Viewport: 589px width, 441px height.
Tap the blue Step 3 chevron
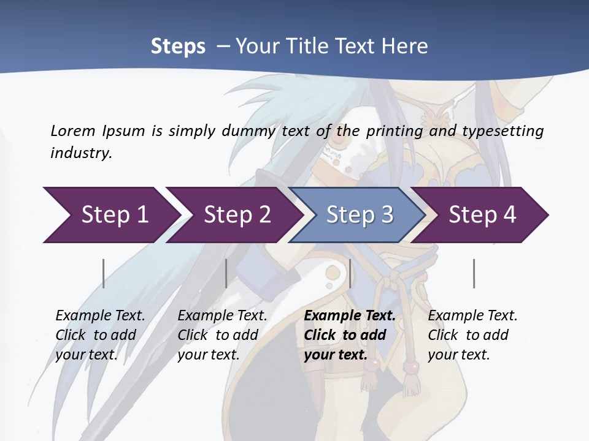click(x=360, y=215)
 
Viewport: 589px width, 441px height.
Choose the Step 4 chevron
click(x=482, y=215)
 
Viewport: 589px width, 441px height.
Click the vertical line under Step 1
click(x=104, y=273)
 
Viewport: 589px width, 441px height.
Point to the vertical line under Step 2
click(x=226, y=273)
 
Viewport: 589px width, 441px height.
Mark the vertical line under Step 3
click(x=350, y=273)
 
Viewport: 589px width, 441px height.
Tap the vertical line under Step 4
click(x=474, y=273)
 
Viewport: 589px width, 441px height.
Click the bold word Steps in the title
click(x=178, y=47)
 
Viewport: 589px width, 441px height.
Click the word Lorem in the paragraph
click(x=72, y=130)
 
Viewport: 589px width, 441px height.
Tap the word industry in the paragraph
click(x=81, y=153)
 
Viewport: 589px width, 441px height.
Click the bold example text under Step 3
click(x=349, y=335)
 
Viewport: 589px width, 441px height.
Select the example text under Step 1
click(x=100, y=335)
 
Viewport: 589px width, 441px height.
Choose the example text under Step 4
click(x=472, y=335)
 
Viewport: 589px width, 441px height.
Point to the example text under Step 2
click(x=222, y=335)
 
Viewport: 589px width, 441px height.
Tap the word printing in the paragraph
click(x=393, y=130)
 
